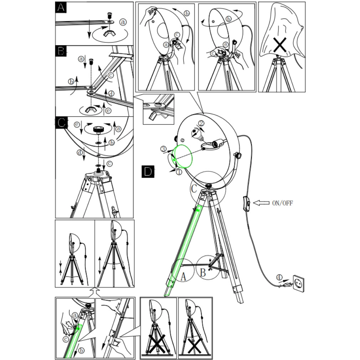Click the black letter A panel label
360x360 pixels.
(61, 7)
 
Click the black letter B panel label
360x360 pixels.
(61, 51)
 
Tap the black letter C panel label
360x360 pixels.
(61, 123)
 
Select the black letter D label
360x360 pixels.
(148, 171)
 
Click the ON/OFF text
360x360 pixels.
(282, 203)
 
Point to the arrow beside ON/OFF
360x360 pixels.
(261, 203)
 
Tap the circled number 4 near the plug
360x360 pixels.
(279, 277)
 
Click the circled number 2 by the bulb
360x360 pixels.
(201, 123)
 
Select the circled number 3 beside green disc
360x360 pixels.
(163, 149)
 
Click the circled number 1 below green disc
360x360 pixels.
(179, 172)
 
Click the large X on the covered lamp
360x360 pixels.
(280, 45)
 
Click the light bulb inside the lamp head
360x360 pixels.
(198, 134)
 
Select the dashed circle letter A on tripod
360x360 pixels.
(183, 276)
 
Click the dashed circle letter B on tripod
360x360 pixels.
(203, 273)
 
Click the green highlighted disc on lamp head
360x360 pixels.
(183, 156)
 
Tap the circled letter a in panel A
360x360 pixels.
(123, 22)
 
